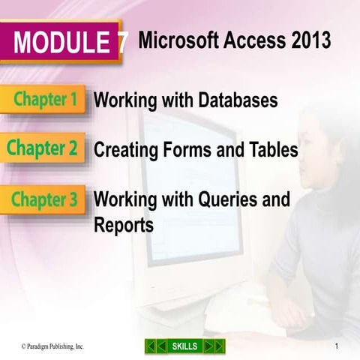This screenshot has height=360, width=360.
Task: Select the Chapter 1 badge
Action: (44, 100)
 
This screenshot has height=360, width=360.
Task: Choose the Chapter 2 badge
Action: (44, 149)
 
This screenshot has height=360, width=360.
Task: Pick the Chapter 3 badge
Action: (44, 199)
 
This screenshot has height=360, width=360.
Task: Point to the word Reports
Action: (124, 224)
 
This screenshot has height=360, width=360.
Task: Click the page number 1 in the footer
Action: (338, 346)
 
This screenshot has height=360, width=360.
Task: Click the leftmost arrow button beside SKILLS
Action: (151, 346)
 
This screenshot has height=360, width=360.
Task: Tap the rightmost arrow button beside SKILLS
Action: (218, 346)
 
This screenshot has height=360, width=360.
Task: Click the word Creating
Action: (124, 150)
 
